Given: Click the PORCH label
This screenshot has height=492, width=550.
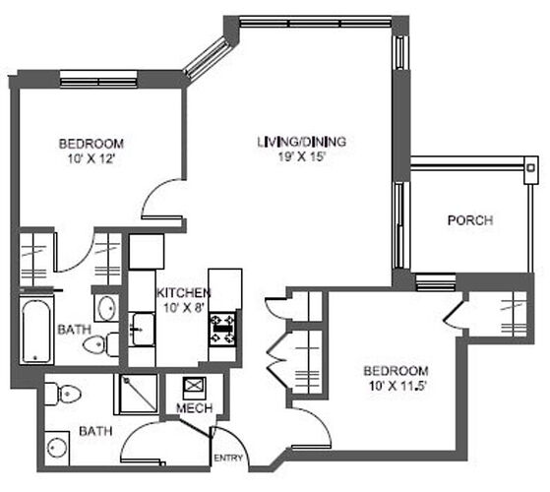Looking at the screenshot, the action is (470, 220).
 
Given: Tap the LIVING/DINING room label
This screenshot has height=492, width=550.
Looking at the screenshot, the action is (302, 142).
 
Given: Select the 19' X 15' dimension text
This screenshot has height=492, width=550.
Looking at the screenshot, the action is (302, 156).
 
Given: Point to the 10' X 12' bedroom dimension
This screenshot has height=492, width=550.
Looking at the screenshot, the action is (92, 158).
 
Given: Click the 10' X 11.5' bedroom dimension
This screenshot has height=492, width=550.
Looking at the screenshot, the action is (397, 386).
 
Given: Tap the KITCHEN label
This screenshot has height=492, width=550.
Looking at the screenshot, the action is (183, 293).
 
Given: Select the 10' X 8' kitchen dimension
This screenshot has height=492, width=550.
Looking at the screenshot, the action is (184, 308).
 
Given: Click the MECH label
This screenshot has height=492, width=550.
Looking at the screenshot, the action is (195, 407).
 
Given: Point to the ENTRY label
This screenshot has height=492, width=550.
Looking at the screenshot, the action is (228, 458).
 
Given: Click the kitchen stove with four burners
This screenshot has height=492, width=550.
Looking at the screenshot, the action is (222, 330).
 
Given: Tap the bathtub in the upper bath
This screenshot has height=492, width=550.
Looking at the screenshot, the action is (35, 332).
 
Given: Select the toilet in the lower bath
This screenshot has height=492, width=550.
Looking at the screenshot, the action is (64, 394).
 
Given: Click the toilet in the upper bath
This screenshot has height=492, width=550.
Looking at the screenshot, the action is (101, 344).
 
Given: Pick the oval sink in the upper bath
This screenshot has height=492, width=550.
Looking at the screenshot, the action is (107, 309).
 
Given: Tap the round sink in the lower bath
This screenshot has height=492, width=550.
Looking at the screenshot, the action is (57, 448).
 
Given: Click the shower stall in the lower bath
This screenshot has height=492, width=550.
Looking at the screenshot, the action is (138, 394).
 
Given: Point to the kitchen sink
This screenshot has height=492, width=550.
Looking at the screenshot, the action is (142, 330).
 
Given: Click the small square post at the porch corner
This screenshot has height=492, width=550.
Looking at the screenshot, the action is (530, 168).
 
